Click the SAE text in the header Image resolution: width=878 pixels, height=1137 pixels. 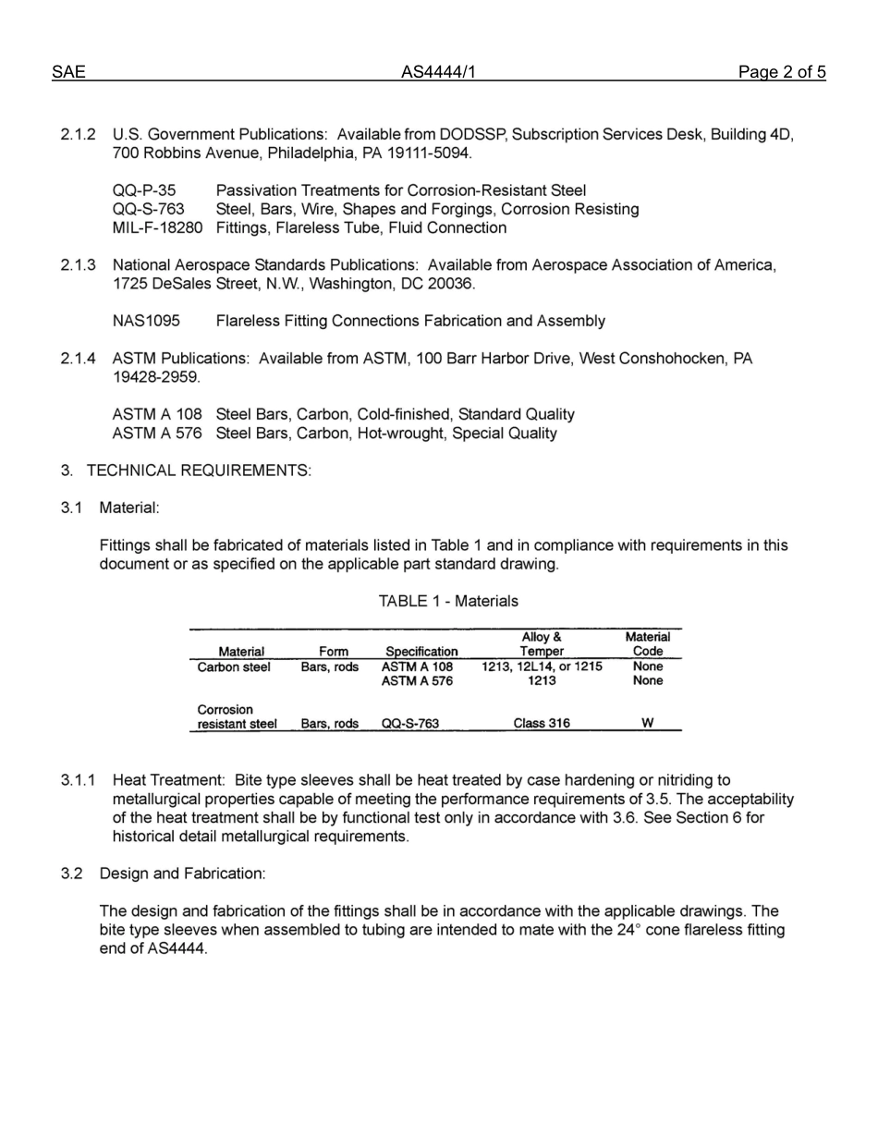(68, 73)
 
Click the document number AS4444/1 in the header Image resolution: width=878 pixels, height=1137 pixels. (438, 73)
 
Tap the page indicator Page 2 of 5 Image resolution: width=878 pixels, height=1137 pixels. (781, 73)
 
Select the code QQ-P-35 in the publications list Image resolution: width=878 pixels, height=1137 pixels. (144, 190)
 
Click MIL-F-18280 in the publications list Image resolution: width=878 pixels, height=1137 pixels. (157, 227)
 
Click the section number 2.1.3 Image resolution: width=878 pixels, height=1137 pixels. (79, 265)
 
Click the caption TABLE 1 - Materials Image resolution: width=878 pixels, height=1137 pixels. (448, 601)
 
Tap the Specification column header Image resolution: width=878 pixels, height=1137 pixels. (421, 652)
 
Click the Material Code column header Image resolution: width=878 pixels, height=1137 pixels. (648, 644)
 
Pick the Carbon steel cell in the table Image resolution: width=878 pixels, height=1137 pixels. (234, 667)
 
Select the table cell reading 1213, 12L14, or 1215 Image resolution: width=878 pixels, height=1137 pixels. (542, 666)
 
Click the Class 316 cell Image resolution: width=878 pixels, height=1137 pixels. (542, 724)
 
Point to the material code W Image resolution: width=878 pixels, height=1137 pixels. (648, 724)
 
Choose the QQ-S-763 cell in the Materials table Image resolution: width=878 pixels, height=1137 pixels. (410, 724)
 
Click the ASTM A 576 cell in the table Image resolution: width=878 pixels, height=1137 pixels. (417, 681)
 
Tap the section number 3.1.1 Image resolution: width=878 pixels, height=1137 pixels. (79, 780)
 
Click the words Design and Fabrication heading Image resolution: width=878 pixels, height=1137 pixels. (182, 874)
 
